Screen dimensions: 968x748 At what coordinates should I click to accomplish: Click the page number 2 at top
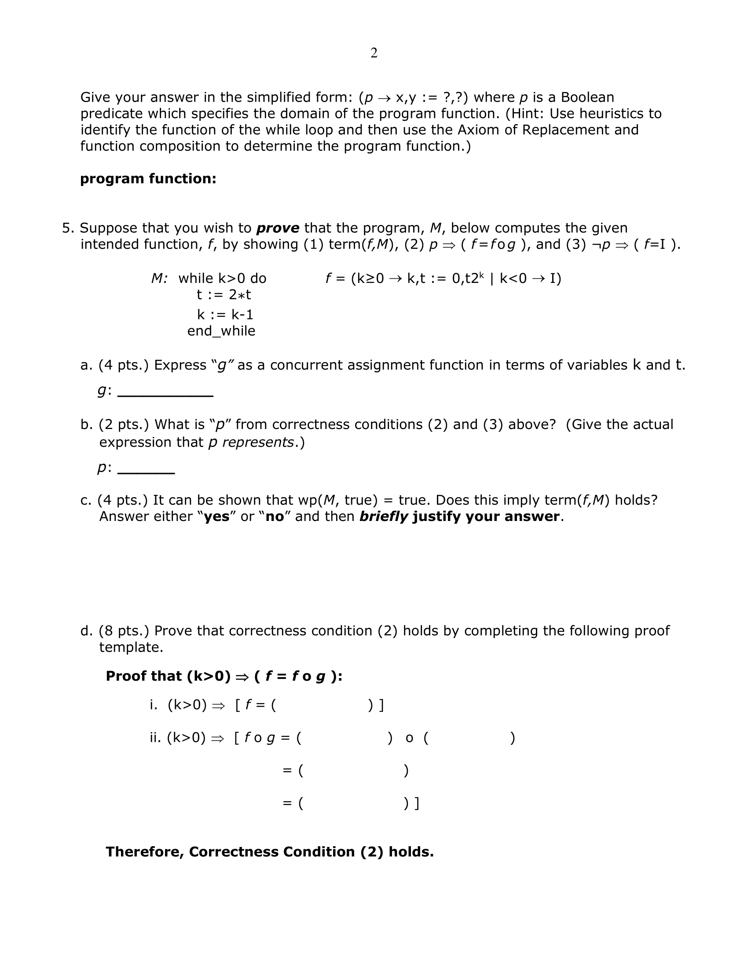374,53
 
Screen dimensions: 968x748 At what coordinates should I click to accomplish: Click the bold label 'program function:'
148,179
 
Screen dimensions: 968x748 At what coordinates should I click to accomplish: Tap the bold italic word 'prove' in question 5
278,228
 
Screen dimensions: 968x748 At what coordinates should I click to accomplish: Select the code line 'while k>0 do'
222,279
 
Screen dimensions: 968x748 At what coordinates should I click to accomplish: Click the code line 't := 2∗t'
224,294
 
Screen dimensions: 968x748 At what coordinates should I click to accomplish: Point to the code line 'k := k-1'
225,315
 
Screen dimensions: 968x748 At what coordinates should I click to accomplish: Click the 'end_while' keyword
221,331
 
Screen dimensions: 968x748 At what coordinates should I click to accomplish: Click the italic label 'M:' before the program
159,279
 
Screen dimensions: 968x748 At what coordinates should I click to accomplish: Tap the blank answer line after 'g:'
165,395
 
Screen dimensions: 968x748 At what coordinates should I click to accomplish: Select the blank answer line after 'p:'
146,472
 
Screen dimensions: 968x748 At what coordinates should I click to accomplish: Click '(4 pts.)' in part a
124,365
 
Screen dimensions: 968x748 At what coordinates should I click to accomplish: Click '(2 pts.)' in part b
124,425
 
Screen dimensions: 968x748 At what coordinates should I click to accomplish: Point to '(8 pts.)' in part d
124,631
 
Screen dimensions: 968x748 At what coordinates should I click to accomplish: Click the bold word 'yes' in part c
216,517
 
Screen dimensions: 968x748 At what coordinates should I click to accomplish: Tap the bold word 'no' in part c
274,517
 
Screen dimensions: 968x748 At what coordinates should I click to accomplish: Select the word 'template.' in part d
131,648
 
